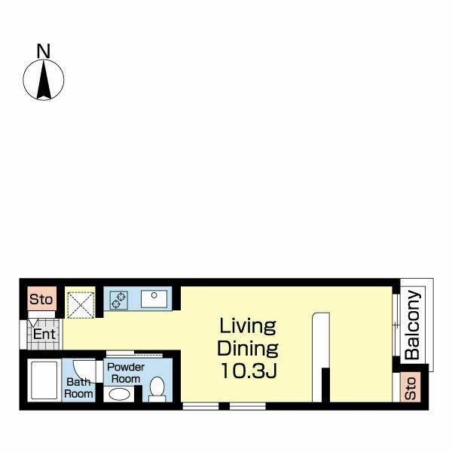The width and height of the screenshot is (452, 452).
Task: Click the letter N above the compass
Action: click(44, 50)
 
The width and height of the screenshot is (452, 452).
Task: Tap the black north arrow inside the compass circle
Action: click(44, 80)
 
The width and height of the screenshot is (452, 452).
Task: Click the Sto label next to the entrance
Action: click(41, 300)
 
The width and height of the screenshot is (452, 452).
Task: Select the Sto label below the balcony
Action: click(411, 388)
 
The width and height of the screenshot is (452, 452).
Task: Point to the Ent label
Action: click(44, 334)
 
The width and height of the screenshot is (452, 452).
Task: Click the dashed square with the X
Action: click(81, 305)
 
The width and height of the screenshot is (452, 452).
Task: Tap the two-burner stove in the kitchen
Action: click(119, 300)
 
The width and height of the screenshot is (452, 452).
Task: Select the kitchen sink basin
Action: click(154, 299)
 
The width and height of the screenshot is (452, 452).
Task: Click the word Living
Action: click(248, 326)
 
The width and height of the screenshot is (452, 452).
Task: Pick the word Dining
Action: click(248, 349)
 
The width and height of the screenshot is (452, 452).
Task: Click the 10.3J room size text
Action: click(249, 371)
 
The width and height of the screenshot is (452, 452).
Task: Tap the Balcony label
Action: click(412, 325)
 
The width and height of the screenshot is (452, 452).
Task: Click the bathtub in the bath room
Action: click(44, 380)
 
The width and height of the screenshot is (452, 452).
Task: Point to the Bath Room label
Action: click(78, 388)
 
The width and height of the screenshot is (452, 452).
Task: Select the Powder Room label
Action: click(126, 373)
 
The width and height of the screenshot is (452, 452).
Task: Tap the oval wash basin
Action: click(119, 394)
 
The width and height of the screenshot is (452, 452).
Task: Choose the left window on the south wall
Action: click(200, 406)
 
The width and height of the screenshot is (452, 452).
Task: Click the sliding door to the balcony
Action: click(397, 325)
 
